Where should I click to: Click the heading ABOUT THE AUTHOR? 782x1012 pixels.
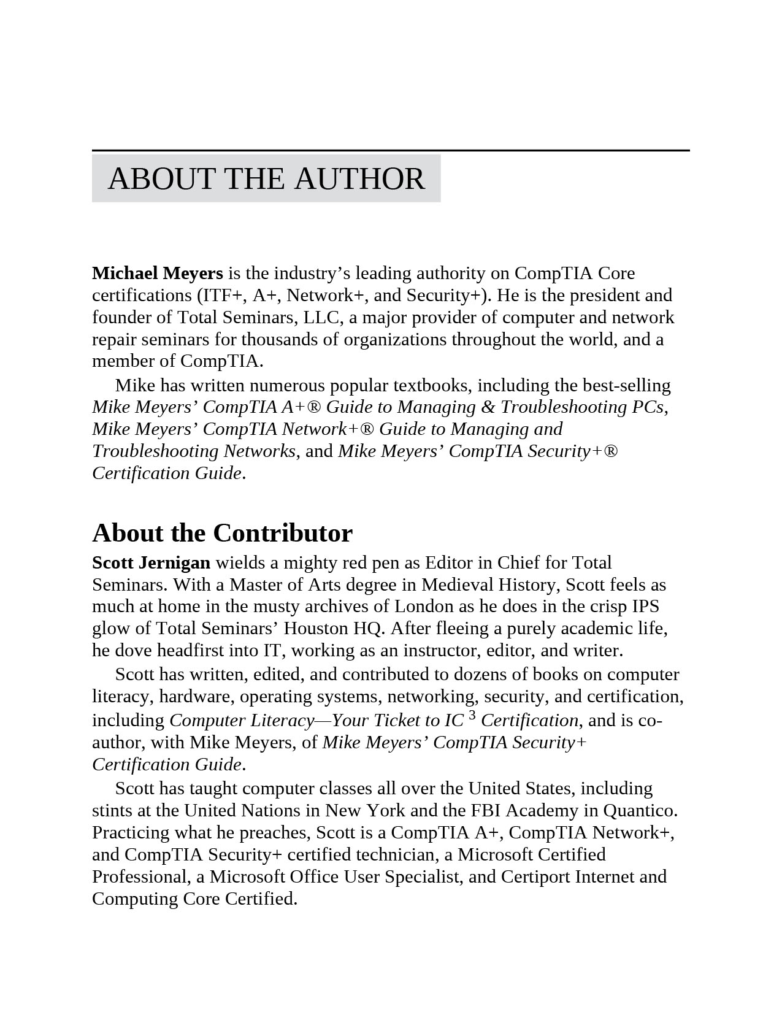pyautogui.click(x=266, y=178)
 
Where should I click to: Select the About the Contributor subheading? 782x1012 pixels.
pyautogui.click(x=222, y=532)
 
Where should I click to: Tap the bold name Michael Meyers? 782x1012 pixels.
pyautogui.click(x=157, y=273)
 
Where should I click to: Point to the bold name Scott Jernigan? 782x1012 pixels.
pyautogui.click(x=151, y=562)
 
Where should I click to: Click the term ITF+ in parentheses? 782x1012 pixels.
pyautogui.click(x=222, y=295)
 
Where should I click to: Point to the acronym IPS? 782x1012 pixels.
pyautogui.click(x=645, y=606)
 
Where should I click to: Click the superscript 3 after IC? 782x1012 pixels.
pyautogui.click(x=472, y=715)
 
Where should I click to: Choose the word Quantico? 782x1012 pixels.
pyautogui.click(x=640, y=810)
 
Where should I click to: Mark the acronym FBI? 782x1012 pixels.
pyautogui.click(x=486, y=810)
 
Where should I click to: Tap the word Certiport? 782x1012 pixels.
pyautogui.click(x=535, y=876)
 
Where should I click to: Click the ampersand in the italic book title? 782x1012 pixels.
pyautogui.click(x=488, y=407)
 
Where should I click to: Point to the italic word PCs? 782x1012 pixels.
pyautogui.click(x=648, y=407)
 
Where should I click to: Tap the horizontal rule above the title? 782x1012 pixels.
pyautogui.click(x=391, y=150)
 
